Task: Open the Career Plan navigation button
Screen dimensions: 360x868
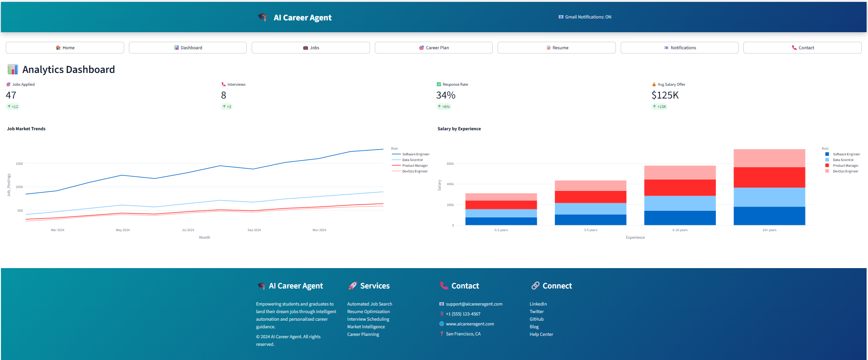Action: (434, 48)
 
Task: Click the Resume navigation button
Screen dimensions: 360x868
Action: (557, 48)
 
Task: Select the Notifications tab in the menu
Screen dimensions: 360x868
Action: (679, 48)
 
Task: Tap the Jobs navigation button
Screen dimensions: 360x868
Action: (311, 48)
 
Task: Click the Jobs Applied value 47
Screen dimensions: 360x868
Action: (11, 95)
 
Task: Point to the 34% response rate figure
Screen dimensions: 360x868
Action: (445, 95)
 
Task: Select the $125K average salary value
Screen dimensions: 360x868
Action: (665, 95)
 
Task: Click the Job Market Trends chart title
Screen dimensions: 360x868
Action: (26, 129)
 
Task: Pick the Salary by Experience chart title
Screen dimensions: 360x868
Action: (459, 129)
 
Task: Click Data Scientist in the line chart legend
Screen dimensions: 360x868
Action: (412, 160)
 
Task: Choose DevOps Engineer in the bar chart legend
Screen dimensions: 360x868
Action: (845, 171)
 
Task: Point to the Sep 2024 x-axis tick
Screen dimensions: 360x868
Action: (254, 230)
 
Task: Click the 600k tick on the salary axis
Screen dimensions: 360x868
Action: (450, 164)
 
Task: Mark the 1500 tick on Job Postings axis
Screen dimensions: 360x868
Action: (19, 164)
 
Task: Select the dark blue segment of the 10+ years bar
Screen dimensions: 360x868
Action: (769, 216)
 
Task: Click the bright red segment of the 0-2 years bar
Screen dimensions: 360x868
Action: (501, 205)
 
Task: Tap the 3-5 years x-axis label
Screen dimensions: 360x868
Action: (590, 230)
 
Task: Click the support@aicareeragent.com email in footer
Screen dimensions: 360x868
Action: (474, 304)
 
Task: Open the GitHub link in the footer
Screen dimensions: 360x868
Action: (536, 319)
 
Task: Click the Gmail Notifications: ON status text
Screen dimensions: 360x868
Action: (588, 17)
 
